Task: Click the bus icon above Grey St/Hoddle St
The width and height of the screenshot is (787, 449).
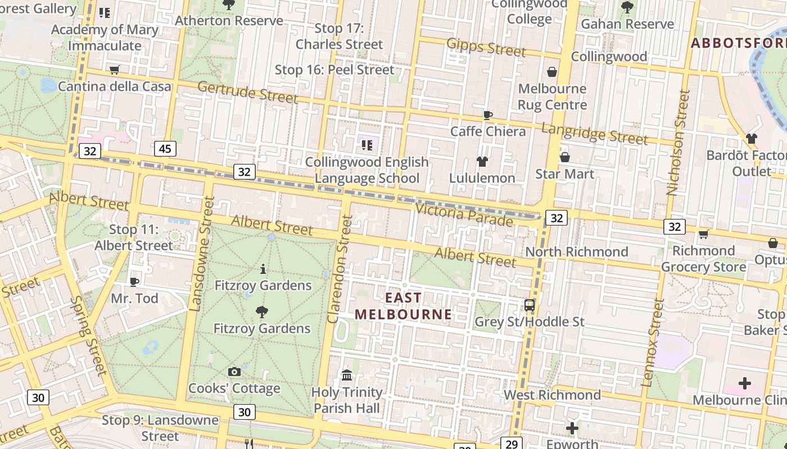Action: tap(530, 305)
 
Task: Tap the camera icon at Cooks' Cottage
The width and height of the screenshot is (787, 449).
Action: tap(234, 372)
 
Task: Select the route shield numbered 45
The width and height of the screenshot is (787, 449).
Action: tap(165, 149)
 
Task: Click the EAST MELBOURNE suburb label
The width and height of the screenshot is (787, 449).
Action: tap(403, 306)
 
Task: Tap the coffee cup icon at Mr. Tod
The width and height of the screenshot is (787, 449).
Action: tap(134, 281)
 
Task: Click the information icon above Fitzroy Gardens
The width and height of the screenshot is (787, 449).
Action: tap(263, 269)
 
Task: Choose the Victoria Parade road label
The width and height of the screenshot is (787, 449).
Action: tap(464, 214)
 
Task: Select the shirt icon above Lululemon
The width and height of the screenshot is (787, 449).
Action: tap(482, 162)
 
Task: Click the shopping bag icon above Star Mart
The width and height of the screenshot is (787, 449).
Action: tap(565, 157)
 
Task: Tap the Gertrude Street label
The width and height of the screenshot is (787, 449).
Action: tap(247, 92)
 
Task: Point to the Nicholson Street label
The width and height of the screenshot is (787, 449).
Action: tap(677, 143)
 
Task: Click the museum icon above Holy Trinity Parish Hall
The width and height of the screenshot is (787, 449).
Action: tap(347, 375)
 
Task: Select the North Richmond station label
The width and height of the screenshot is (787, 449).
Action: tap(577, 251)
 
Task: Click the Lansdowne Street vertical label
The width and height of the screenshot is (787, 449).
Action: tap(202, 254)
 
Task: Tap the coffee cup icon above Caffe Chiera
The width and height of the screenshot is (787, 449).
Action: tap(488, 115)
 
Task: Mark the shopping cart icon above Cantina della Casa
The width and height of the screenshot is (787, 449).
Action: tap(115, 70)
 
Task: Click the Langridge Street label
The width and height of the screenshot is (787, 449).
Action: tap(595, 134)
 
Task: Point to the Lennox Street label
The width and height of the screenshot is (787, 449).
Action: tap(653, 342)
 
